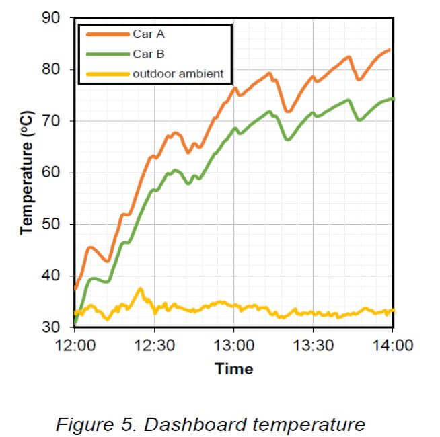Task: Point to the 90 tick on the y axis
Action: [x=52, y=18]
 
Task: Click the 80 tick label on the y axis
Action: [x=52, y=70]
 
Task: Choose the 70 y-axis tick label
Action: [x=52, y=122]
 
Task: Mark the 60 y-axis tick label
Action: [x=52, y=173]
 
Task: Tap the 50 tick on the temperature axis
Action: [x=52, y=225]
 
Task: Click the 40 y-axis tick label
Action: [x=52, y=276]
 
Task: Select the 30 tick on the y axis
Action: [x=52, y=327]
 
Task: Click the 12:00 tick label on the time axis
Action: [x=75, y=346]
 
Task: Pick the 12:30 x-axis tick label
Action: [x=155, y=346]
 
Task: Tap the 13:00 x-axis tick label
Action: [x=233, y=346]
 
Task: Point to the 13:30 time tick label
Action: [x=314, y=346]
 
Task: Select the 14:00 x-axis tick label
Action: [x=393, y=346]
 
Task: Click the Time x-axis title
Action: [x=234, y=369]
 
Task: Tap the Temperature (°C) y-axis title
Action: [x=27, y=173]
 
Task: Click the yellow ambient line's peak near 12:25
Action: [x=141, y=289]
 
